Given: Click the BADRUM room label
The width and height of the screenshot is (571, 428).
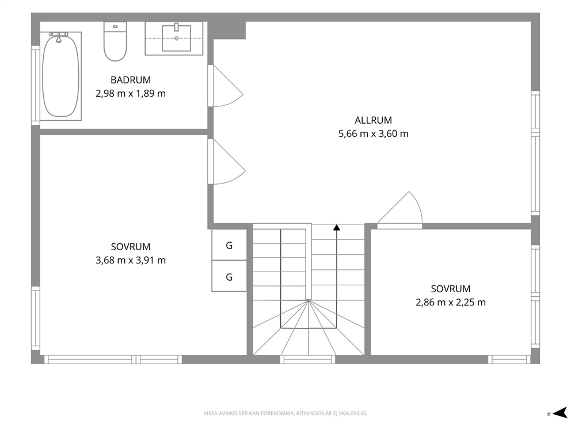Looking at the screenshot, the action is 131,80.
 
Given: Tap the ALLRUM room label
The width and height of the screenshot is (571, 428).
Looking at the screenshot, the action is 373,120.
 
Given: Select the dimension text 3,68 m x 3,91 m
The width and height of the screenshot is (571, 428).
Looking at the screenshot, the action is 131,260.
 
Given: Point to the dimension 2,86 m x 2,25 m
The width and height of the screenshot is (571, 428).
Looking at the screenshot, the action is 451,303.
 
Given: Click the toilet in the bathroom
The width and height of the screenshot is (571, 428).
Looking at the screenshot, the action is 115,41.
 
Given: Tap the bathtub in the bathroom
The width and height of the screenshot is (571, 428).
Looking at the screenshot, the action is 60,76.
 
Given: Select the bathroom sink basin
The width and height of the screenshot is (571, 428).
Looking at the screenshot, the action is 176,38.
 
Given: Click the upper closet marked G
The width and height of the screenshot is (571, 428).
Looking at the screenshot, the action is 230,245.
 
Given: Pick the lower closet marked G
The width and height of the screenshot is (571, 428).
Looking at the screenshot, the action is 230,276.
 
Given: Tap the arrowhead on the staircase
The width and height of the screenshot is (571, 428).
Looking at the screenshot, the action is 337,227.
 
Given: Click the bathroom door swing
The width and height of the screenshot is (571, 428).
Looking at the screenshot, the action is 226,86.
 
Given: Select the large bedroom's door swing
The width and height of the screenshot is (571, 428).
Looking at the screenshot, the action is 227,162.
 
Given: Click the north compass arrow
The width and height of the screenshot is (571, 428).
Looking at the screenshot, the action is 559,412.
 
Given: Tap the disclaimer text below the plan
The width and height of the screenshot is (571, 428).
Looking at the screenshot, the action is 285,414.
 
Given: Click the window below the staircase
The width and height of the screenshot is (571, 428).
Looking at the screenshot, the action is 308,360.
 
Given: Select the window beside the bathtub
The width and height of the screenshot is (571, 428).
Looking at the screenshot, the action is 35,85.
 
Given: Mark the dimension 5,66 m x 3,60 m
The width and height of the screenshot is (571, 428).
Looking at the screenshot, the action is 373,134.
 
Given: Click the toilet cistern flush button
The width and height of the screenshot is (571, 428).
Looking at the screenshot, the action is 115,26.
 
